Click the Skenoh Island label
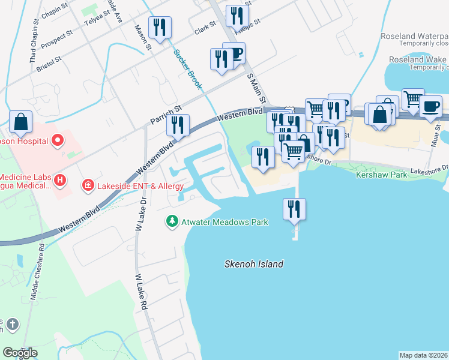click(253, 264)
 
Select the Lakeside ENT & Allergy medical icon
click(88, 185)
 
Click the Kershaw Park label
click(381, 175)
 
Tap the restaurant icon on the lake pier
click(294, 209)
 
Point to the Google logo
click(20, 353)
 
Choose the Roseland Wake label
click(417, 59)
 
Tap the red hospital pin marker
click(58, 142)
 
